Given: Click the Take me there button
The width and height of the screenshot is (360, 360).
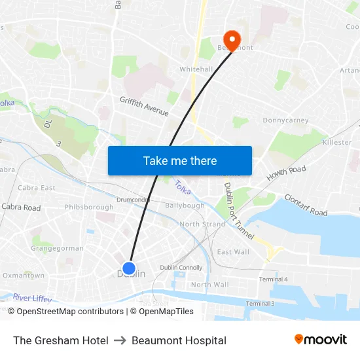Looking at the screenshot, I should [180, 160].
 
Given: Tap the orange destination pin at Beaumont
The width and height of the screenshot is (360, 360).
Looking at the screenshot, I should [232, 39].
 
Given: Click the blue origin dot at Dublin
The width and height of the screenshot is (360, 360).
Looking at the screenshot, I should [129, 268].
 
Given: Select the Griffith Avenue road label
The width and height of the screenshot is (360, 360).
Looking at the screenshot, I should [144, 105].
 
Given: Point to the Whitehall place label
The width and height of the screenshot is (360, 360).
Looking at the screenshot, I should [196, 69].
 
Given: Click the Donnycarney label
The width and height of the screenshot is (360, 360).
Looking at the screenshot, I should [285, 120].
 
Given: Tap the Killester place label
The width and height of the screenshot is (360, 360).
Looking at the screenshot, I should [337, 142].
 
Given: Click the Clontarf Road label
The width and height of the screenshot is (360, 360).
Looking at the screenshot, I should [306, 205].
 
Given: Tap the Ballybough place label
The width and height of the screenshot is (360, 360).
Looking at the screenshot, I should [185, 206].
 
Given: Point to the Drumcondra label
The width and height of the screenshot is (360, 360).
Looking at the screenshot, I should [133, 200].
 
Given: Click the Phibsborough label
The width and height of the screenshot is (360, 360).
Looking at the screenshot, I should [89, 207].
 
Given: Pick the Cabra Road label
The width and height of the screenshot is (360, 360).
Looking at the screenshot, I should [21, 207].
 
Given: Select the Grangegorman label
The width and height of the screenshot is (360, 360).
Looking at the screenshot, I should [57, 249].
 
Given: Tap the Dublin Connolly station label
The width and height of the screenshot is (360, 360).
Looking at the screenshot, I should [181, 267].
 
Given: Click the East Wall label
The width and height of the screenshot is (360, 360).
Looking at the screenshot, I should [233, 252].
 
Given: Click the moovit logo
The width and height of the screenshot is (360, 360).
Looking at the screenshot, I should [321, 340].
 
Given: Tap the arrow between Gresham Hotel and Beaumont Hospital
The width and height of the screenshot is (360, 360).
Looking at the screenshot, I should [120, 340].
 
